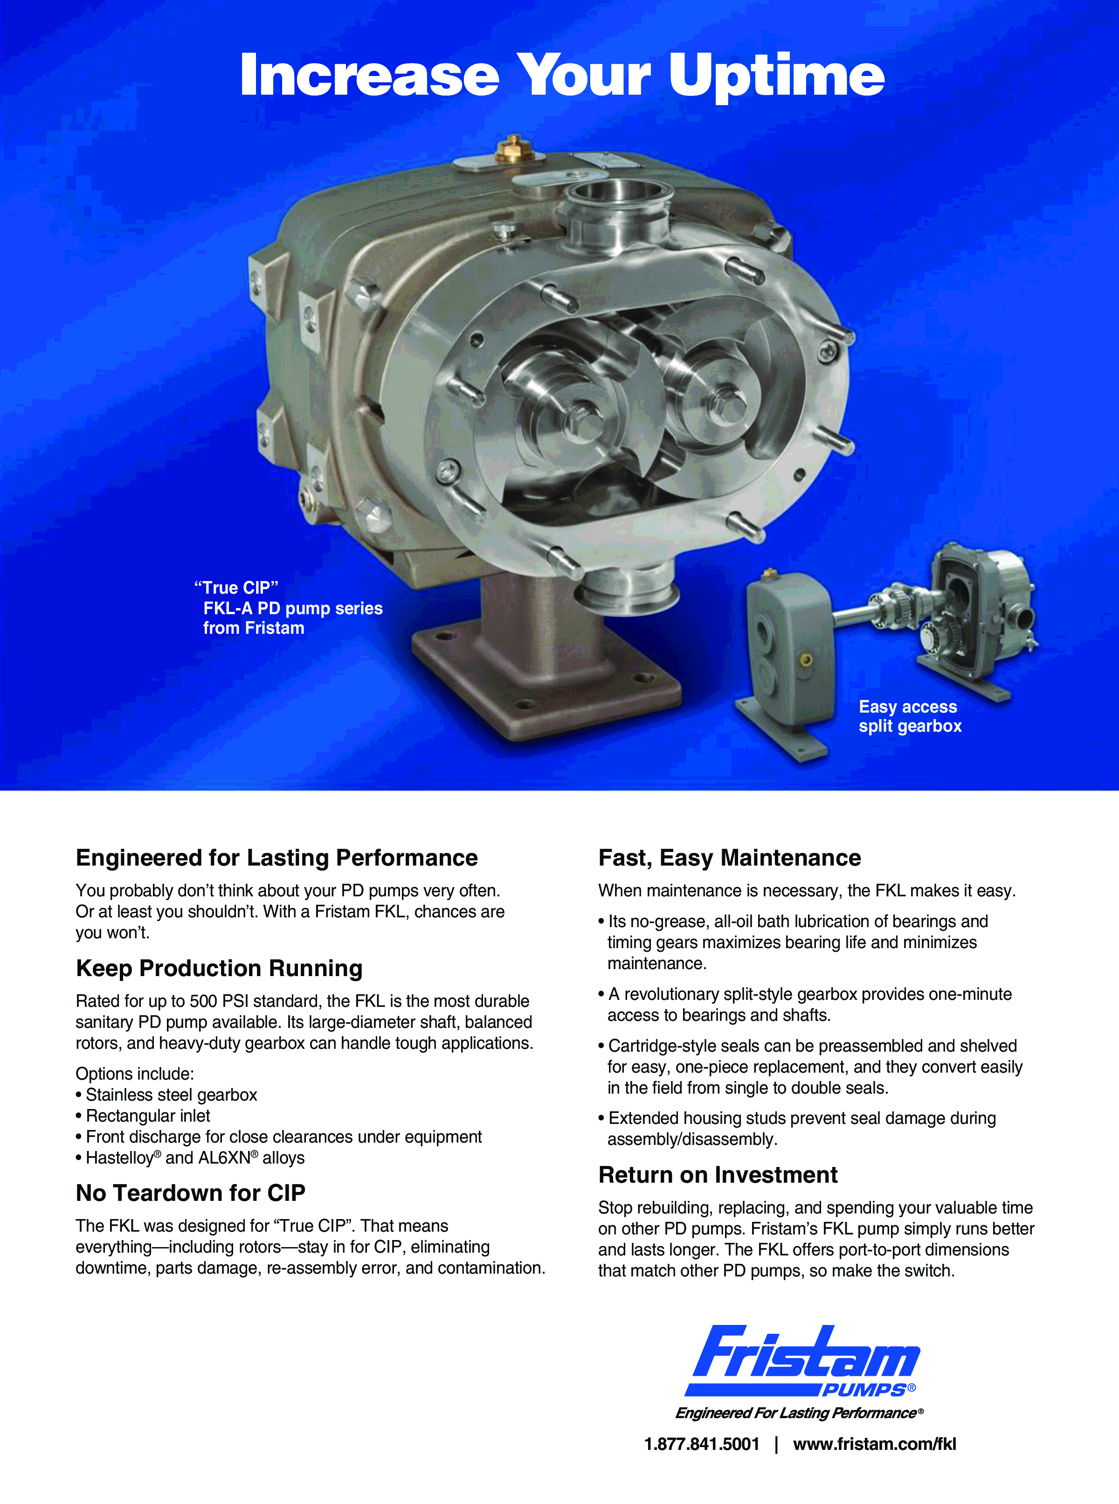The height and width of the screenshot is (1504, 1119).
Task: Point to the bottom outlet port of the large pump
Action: pyautogui.click(x=627, y=587)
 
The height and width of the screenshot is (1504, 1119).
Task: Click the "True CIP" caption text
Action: pyautogui.click(x=236, y=587)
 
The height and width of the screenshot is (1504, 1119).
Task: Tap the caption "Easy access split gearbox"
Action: pyautogui.click(x=910, y=716)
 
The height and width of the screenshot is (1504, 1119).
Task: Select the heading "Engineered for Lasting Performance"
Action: pyautogui.click(x=276, y=858)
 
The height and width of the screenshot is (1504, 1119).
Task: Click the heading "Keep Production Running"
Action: pyautogui.click(x=220, y=968)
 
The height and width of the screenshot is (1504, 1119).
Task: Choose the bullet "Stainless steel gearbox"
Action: pyautogui.click(x=166, y=1095)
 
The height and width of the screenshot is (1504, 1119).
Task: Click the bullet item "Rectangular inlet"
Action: pyautogui.click(x=143, y=1116)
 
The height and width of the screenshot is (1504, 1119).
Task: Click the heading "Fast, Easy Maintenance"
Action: pyautogui.click(x=730, y=858)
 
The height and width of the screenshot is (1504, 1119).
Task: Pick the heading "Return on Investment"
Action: pyautogui.click(x=718, y=1175)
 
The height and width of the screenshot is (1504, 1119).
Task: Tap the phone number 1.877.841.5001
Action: pyautogui.click(x=702, y=1444)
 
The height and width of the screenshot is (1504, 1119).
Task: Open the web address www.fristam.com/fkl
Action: pyautogui.click(x=875, y=1444)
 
